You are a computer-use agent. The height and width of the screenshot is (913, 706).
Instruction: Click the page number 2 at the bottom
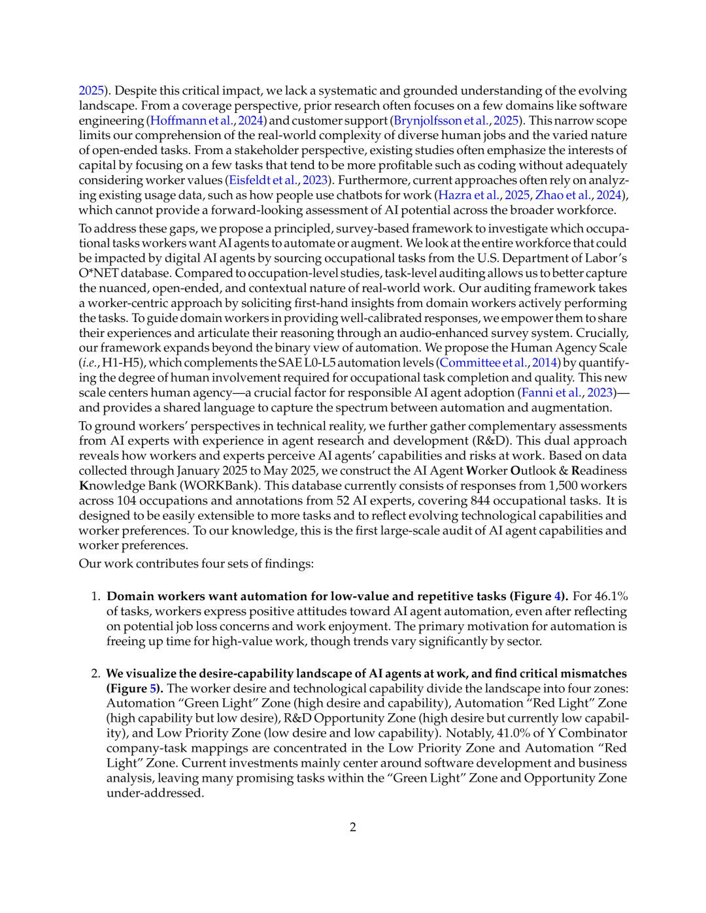pyautogui.click(x=353, y=827)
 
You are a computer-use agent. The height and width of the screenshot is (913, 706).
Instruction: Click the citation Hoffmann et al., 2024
pyautogui.click(x=207, y=121)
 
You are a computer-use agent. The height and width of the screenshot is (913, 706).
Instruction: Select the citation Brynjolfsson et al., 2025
pyautogui.click(x=456, y=121)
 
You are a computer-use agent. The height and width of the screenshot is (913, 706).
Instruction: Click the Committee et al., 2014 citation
pyautogui.click(x=499, y=363)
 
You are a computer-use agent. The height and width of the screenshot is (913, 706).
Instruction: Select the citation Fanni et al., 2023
pyautogui.click(x=567, y=392)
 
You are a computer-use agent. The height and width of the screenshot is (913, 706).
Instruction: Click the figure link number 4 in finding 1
pyautogui.click(x=558, y=596)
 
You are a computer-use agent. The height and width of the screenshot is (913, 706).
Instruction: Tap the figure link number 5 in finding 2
pyautogui.click(x=153, y=688)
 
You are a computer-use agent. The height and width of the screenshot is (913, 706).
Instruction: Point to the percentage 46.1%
pyautogui.click(x=611, y=596)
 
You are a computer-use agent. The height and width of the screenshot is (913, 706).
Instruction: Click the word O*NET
pyautogui.click(x=99, y=274)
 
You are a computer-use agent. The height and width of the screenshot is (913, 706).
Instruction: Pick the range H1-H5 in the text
pyautogui.click(x=123, y=363)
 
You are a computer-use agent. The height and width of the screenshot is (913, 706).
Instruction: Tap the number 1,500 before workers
pyautogui.click(x=563, y=486)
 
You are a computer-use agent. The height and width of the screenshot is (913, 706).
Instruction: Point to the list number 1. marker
pyautogui.click(x=95, y=596)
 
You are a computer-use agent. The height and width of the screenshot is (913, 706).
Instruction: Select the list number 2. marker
pyautogui.click(x=95, y=673)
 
